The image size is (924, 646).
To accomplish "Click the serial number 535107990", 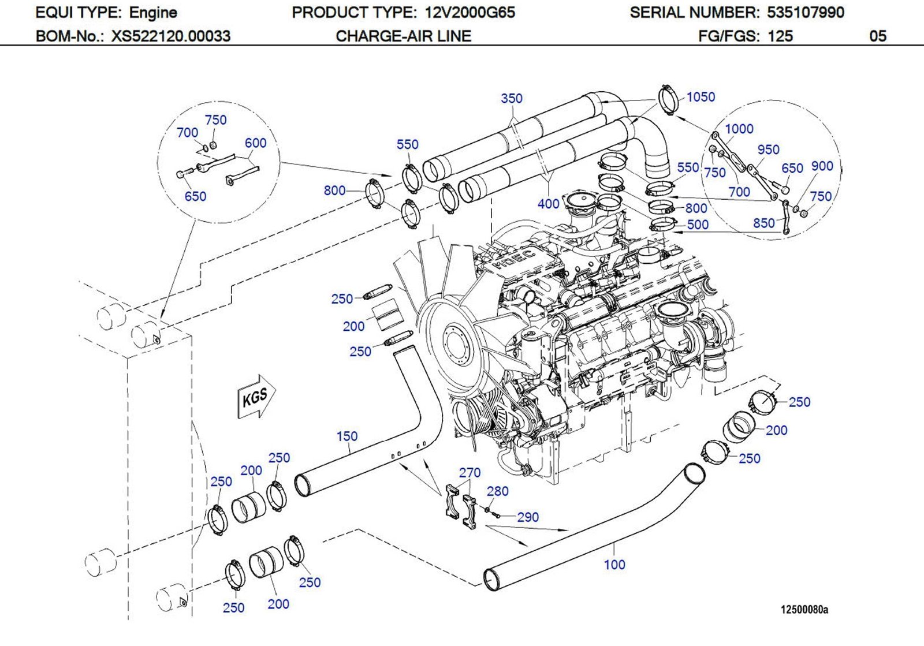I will pyautogui.click(x=805, y=12).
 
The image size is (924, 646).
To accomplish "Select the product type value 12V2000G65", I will pyautogui.click(x=470, y=12).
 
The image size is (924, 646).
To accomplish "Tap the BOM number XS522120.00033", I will pyautogui.click(x=171, y=36).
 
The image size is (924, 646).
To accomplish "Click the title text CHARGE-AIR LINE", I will pyautogui.click(x=403, y=36).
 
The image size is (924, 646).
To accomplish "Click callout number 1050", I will pyautogui.click(x=701, y=97).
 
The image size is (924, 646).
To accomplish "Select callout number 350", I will pyautogui.click(x=511, y=99).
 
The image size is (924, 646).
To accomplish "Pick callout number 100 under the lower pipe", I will pyautogui.click(x=614, y=565).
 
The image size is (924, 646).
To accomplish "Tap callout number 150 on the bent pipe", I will pyautogui.click(x=347, y=436).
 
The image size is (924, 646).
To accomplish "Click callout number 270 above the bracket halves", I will pyautogui.click(x=470, y=473).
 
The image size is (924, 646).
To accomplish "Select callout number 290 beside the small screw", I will pyautogui.click(x=528, y=517).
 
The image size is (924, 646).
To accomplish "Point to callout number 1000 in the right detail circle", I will pyautogui.click(x=739, y=129).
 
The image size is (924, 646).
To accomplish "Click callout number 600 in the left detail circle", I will pyautogui.click(x=255, y=143).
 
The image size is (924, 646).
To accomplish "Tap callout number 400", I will pyautogui.click(x=548, y=204).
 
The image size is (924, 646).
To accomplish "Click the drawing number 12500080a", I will pyautogui.click(x=804, y=610).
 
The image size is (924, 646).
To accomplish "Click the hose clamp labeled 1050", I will pyautogui.click(x=668, y=100).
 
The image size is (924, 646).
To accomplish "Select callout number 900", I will pyautogui.click(x=822, y=166).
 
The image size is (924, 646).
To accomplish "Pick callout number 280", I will pyautogui.click(x=497, y=491).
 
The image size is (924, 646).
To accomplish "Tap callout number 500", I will pyautogui.click(x=698, y=225).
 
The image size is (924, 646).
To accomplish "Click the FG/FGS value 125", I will pyautogui.click(x=780, y=36).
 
